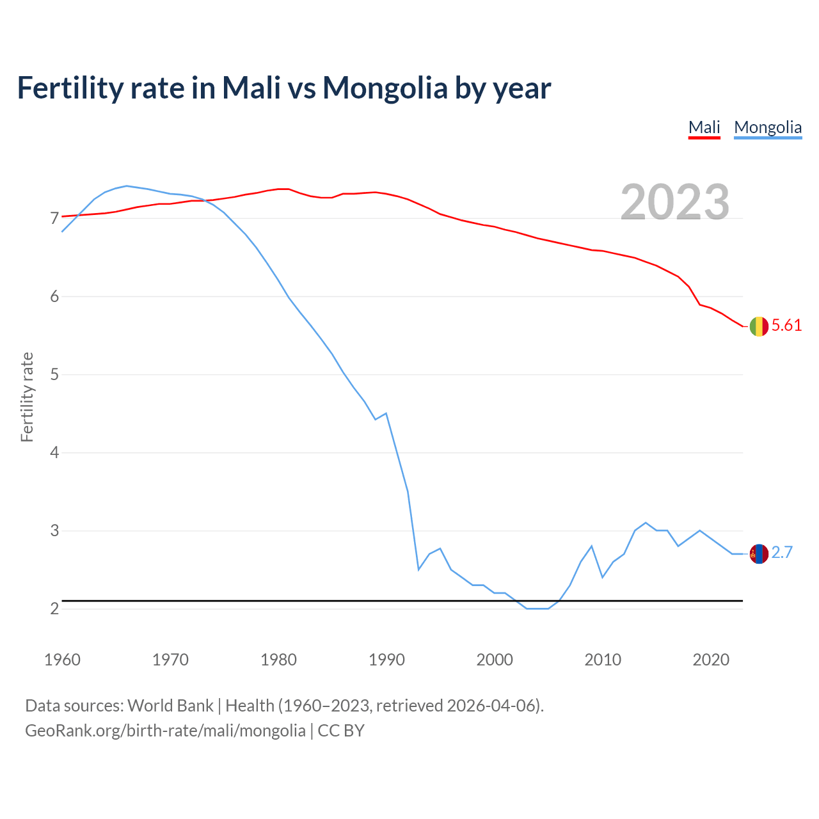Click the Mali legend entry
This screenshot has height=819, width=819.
coord(704,127)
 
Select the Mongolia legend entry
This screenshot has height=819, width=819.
coord(767,127)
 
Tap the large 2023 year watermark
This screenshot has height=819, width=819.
coord(675,202)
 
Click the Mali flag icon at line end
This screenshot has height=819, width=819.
coord(758,326)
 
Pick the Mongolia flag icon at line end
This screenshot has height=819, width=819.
coord(758,553)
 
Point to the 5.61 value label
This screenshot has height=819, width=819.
coord(786,326)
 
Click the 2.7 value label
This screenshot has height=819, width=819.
coord(782,553)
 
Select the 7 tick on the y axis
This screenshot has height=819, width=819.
coord(54,219)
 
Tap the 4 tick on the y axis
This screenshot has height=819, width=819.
coord(54,453)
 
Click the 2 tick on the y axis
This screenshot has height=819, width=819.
coord(54,609)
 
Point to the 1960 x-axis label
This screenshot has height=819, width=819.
coord(62,660)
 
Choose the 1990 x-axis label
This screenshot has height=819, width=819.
coord(386,660)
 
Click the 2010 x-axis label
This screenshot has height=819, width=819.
coord(603,660)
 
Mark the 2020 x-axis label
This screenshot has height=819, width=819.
coord(711,660)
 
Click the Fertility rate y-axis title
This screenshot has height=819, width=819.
coord(27,397)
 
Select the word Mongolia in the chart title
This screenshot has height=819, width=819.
coord(385,88)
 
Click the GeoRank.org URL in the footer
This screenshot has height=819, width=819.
coord(165,731)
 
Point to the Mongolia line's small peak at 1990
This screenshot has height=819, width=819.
coord(386,413)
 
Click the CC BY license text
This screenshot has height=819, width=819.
coord(341,731)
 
